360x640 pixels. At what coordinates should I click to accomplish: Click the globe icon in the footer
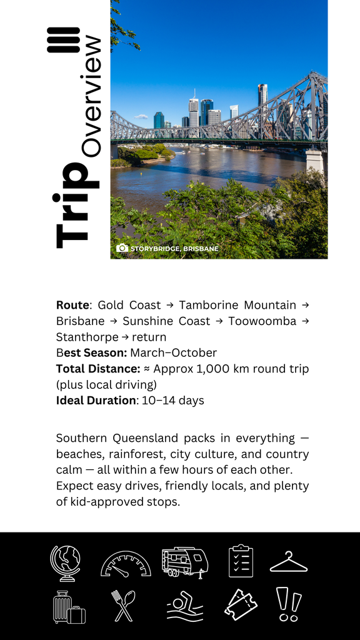[x=66, y=563]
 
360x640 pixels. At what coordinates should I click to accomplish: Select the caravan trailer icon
[x=184, y=561]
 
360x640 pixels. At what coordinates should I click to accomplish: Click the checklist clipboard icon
[x=241, y=561]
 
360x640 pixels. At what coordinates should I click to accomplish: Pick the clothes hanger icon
[x=288, y=562]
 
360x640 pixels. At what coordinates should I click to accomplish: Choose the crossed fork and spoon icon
[x=123, y=606]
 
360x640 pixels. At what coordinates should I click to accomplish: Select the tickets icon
[x=241, y=605]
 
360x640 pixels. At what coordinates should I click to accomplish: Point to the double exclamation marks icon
[x=288, y=604]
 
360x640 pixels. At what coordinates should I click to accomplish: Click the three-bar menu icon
[x=63, y=40]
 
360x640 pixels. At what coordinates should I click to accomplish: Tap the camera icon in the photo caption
[x=122, y=248]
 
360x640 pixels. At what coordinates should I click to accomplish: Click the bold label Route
[x=72, y=305]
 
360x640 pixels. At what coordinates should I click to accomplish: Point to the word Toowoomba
[x=262, y=321]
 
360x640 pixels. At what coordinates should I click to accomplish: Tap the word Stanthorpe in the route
[x=87, y=337]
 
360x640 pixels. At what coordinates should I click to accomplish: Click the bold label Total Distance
[x=97, y=369]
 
